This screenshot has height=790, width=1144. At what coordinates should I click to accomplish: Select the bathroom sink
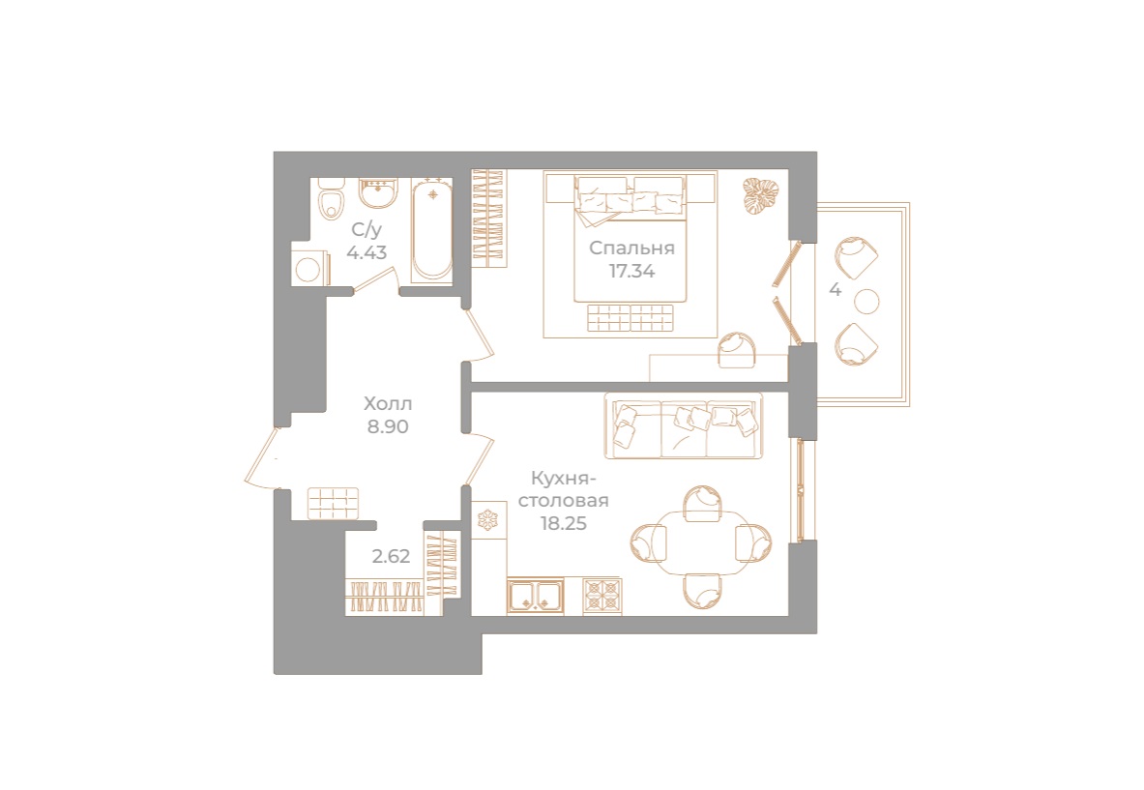click(x=377, y=194)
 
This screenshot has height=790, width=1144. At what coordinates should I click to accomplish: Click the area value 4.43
click(x=367, y=253)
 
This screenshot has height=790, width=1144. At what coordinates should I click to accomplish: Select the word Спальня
click(x=631, y=249)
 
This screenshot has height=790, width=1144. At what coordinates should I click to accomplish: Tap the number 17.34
click(x=631, y=272)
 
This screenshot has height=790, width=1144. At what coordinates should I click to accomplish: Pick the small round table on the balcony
click(x=867, y=302)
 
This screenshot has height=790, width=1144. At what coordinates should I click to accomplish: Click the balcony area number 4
click(x=835, y=289)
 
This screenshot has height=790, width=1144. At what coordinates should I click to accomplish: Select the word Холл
click(x=387, y=402)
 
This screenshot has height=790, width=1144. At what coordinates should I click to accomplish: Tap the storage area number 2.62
click(x=391, y=556)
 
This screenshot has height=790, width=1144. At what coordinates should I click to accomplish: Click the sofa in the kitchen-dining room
click(x=683, y=425)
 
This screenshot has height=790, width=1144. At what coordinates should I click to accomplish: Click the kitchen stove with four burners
click(x=601, y=595)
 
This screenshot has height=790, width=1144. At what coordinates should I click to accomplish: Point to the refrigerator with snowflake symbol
click(x=487, y=519)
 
